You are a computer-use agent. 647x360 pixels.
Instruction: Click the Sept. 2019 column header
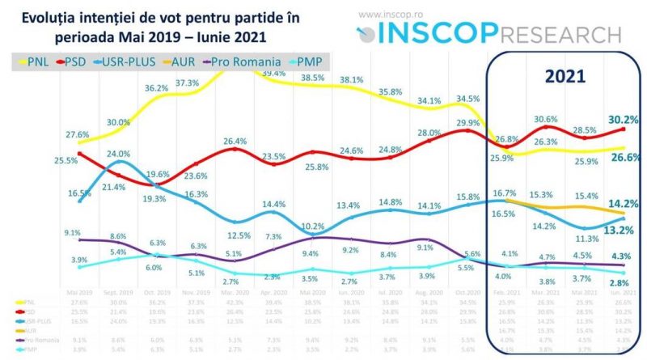[119, 292]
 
